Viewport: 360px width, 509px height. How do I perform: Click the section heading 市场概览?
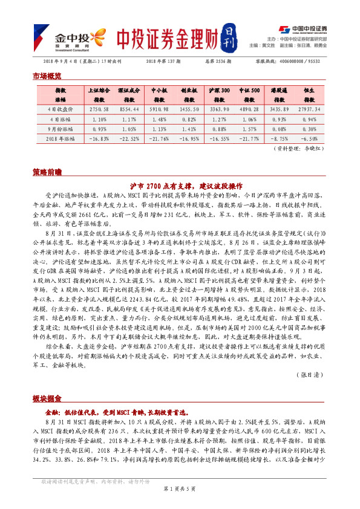(x=47, y=77)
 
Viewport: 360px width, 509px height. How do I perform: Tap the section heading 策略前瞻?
(x=47, y=172)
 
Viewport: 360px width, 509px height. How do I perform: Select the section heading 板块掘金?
(x=47, y=399)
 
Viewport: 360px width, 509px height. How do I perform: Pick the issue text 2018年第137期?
(x=165, y=62)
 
